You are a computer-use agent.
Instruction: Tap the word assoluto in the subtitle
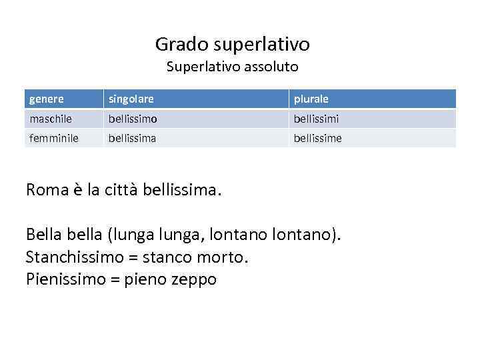tap(274, 67)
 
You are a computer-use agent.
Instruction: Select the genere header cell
tap(47, 99)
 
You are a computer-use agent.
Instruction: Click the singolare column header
tap(131, 99)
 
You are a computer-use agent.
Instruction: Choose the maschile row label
tap(51, 119)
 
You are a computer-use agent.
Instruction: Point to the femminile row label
tap(54, 138)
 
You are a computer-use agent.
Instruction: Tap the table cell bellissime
tap(318, 138)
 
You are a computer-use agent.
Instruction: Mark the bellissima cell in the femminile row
tap(133, 138)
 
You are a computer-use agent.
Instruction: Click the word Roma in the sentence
tap(47, 190)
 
